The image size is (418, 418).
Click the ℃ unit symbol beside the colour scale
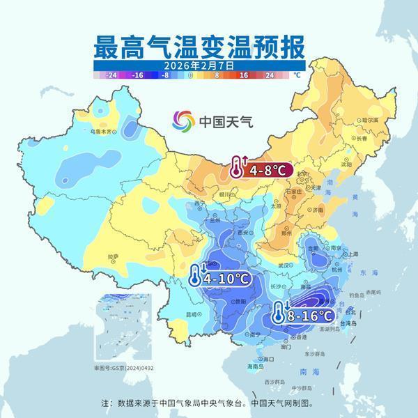coord(296,75)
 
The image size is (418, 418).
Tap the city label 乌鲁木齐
coord(100,131)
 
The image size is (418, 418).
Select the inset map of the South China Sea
coord(123,330)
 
